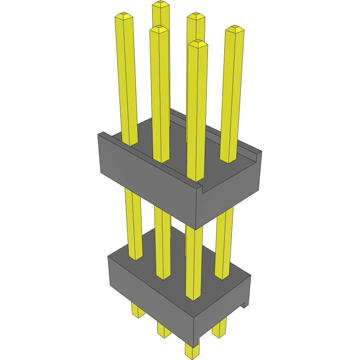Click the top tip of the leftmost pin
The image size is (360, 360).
124,16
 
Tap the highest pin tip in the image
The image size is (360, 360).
161,4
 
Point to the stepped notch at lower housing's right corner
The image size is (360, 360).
246,304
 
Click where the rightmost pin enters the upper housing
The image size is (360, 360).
228,160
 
